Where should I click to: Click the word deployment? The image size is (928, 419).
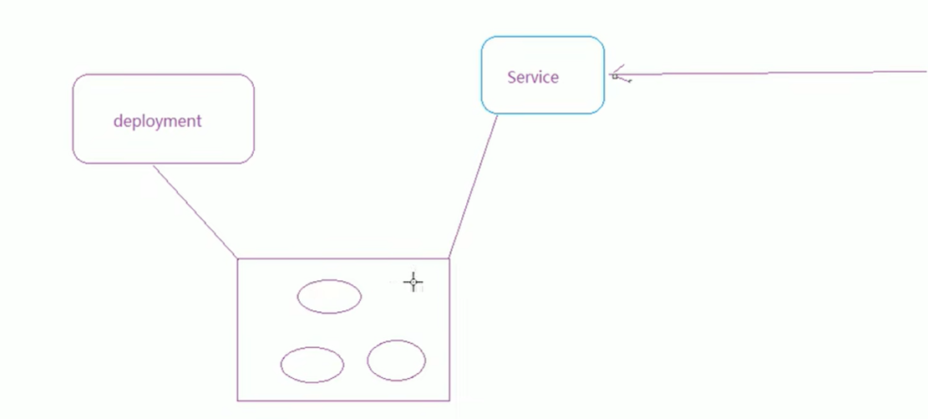pyautogui.click(x=157, y=121)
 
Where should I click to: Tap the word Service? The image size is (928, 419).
pyautogui.click(x=533, y=77)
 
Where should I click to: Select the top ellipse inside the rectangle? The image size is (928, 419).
pyautogui.click(x=329, y=297)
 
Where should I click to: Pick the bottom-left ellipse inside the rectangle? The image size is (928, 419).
pyautogui.click(x=312, y=365)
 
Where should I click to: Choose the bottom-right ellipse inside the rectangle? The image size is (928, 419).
pyautogui.click(x=396, y=360)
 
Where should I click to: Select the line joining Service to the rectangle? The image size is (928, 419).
pyautogui.click(x=474, y=186)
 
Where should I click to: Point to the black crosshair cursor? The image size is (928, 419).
pyautogui.click(x=413, y=283)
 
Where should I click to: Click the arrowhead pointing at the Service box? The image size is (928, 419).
pyautogui.click(x=617, y=73)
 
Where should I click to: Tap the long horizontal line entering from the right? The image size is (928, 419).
pyautogui.click(x=777, y=73)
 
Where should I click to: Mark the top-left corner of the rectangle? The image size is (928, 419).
pyautogui.click(x=238, y=259)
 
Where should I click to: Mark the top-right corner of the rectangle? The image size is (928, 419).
pyautogui.click(x=449, y=258)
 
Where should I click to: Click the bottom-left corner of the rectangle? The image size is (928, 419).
pyautogui.click(x=238, y=401)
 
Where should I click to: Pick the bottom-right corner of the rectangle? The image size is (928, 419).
pyautogui.click(x=449, y=400)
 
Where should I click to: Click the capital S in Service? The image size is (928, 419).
pyautogui.click(x=512, y=77)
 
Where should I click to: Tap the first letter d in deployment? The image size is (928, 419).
pyautogui.click(x=118, y=121)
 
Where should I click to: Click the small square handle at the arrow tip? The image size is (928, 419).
pyautogui.click(x=615, y=76)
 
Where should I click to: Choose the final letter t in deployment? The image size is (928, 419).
pyautogui.click(x=199, y=121)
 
